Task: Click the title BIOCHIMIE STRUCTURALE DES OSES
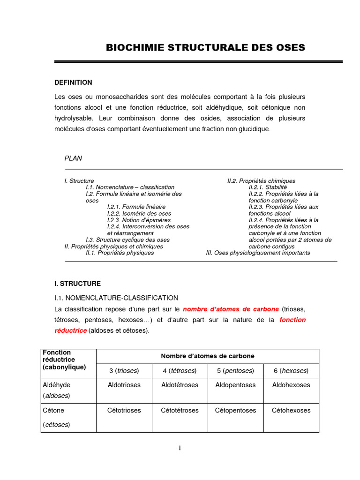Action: coord(205,48)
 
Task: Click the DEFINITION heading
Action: coord(73,82)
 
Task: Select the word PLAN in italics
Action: coord(73,158)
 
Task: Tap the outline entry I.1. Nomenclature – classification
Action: coord(130,187)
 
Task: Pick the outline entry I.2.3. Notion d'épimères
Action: coord(139,220)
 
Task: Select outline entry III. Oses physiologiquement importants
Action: coord(258,253)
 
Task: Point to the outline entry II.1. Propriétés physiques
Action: coord(120,253)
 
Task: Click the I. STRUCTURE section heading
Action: coord(77,284)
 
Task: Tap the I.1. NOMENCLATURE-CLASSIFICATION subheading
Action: coord(116,298)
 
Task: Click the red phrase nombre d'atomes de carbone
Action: coord(231,309)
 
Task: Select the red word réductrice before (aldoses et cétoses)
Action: coord(70,330)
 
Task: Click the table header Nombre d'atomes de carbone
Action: coord(207,356)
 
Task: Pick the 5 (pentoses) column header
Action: coord(235,371)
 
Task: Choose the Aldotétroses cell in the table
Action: coord(180,385)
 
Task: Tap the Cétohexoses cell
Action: coord(291,411)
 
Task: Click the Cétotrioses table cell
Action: coord(124,411)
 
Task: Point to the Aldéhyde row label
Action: coord(56,385)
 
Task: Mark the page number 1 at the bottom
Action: coord(180,448)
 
